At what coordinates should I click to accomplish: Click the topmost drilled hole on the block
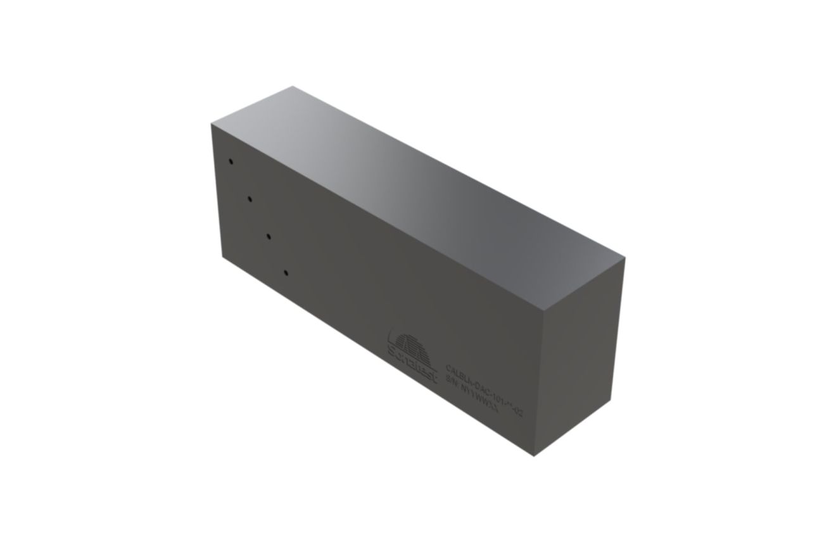231,161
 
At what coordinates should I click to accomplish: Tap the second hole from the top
250,199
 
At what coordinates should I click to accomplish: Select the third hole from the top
269,236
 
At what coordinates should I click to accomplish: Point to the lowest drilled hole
286,273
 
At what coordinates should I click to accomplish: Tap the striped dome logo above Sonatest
414,346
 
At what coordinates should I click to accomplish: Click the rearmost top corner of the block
293,87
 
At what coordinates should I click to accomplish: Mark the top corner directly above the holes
210,123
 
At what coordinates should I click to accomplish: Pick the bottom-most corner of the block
535,457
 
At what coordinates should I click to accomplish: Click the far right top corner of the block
624,258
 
